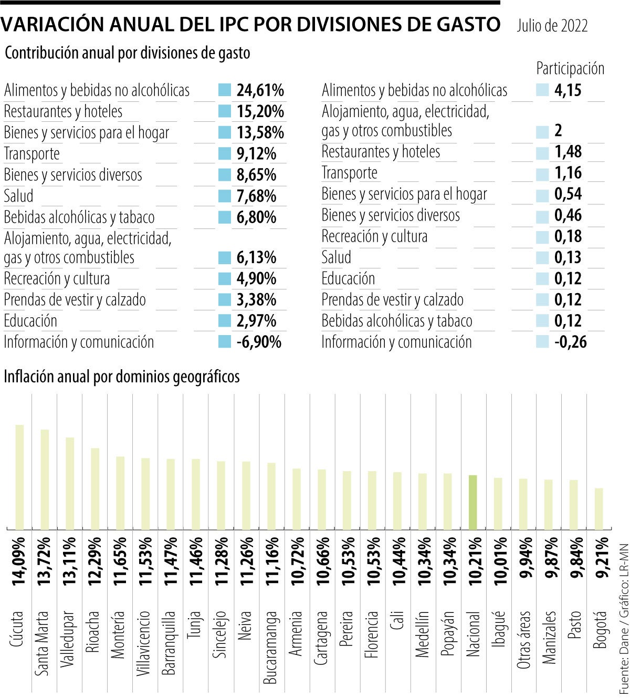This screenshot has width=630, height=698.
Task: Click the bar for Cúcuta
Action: coord(19,477)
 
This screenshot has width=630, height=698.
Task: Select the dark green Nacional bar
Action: coord(472,502)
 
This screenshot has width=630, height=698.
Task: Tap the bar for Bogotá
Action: coord(598,508)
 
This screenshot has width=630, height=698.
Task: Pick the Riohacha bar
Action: coord(95,488)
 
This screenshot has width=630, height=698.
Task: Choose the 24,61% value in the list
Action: coord(260,90)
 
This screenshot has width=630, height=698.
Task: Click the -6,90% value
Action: coord(258,342)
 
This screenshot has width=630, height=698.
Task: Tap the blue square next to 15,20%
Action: coord(225,111)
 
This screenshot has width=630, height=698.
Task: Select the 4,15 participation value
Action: coord(568,90)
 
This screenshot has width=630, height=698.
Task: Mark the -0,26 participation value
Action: coord(570,342)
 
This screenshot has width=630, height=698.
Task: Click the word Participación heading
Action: coord(570,68)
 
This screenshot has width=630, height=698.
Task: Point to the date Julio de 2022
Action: coord(552,26)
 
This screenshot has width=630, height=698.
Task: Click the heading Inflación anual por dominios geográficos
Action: coord(122,377)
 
